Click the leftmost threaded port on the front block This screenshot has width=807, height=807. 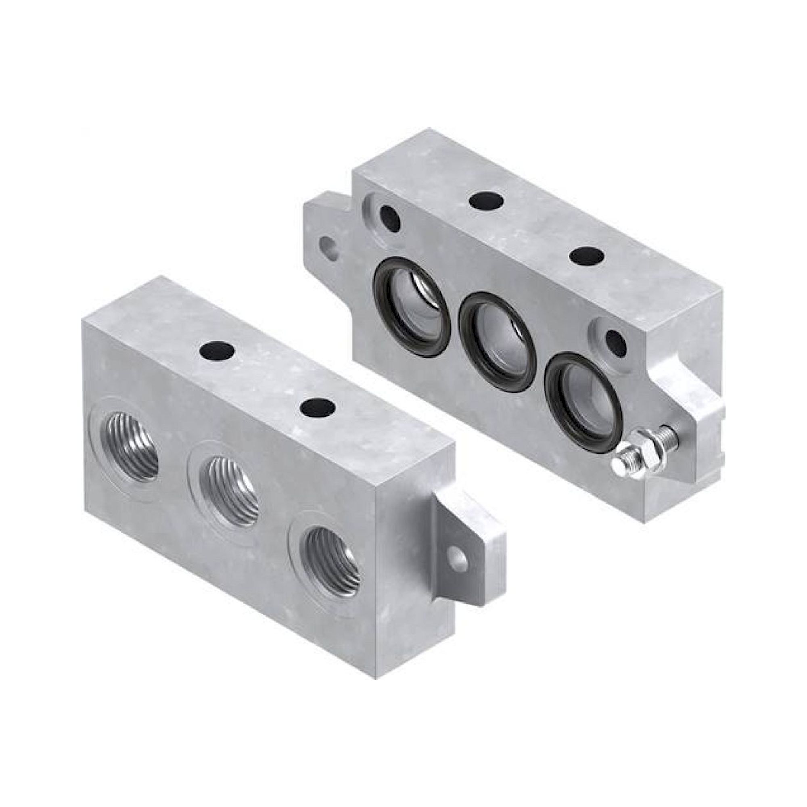click(130, 443)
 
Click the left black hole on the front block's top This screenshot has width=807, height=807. click(216, 349)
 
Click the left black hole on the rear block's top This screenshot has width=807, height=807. click(486, 200)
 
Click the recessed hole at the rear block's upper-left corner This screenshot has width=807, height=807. click(390, 217)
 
